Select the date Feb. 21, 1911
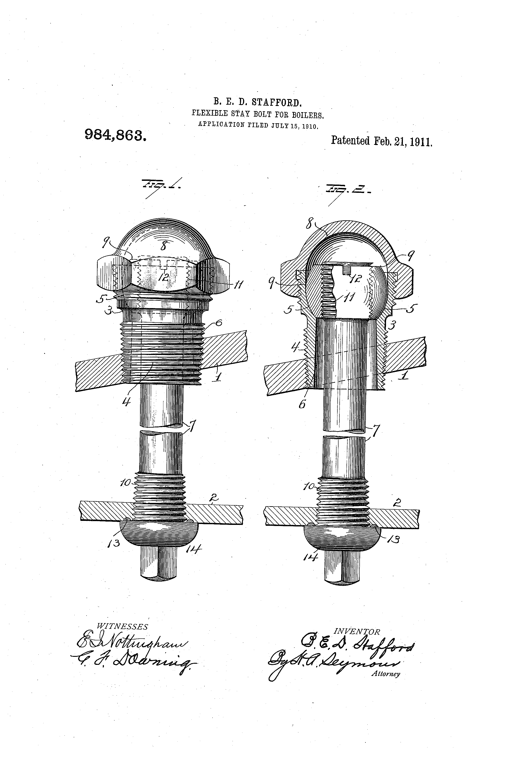pyautogui.click(x=403, y=141)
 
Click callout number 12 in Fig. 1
pyautogui.click(x=164, y=277)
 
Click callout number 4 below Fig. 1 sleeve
pyautogui.click(x=126, y=402)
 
